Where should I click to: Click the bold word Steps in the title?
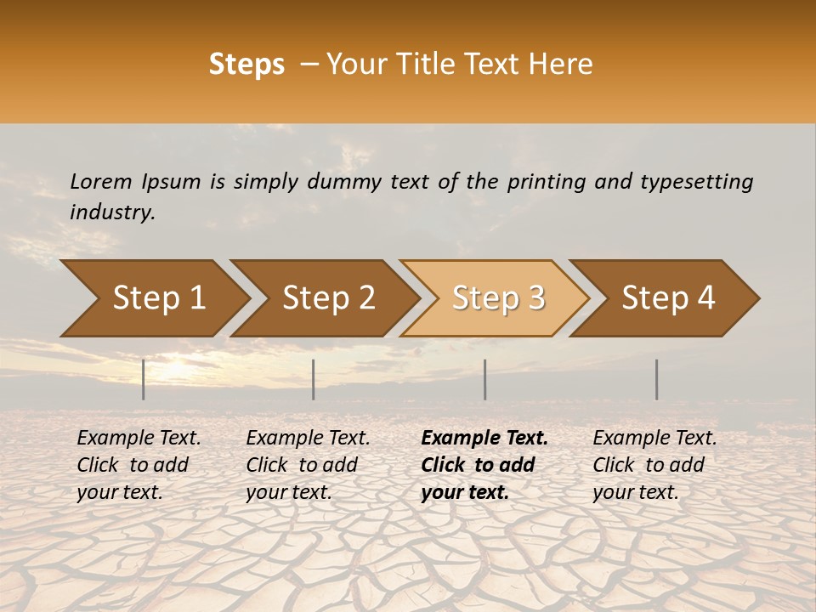coord(246,65)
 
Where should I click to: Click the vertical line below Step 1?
coord(144,379)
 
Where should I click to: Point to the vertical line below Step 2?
coord(314,379)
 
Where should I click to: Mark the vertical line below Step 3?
coord(485,379)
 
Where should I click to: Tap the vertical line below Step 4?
coord(657,379)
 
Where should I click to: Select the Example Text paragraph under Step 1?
coord(139,465)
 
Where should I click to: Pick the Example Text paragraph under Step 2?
coord(308,465)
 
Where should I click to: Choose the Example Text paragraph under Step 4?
coord(654,465)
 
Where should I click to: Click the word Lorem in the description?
coord(101,181)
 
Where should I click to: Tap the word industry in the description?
coord(112,212)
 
